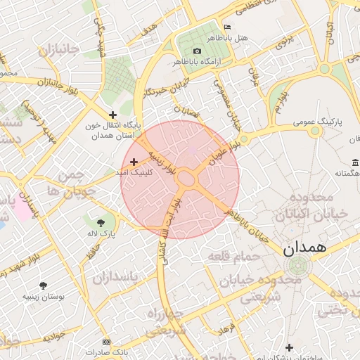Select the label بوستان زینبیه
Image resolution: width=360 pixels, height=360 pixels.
pos(44,297)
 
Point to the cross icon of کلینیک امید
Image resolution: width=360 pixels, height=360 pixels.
pos(134,162)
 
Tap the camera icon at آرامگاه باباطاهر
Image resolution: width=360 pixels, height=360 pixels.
pos(197,51)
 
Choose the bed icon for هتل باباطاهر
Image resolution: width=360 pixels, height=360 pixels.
pos(226,27)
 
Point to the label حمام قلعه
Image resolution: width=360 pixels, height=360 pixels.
pos(233,257)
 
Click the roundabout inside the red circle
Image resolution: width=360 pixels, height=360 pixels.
pos(186,178)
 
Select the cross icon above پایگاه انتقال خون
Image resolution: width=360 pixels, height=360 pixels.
pos(112,115)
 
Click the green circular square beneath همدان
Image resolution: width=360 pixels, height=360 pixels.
pos(297,266)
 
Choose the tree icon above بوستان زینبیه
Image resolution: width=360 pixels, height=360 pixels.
pos(44,285)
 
